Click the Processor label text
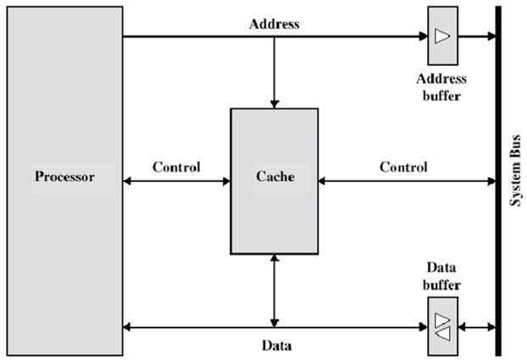64,178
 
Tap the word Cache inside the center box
274,178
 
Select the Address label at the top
274,24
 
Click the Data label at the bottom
274,346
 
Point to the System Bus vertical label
514,179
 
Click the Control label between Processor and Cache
176,167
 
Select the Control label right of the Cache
403,167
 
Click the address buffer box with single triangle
441,36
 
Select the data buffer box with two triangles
441,326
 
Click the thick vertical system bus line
497,179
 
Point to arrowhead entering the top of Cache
274,102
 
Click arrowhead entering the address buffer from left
423,36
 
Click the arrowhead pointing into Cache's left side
226,180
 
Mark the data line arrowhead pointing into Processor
127,327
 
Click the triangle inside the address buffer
441,36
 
